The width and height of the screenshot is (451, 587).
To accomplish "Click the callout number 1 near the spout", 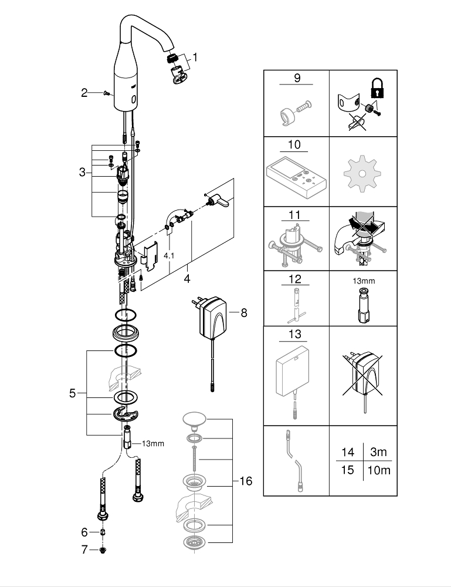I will [x=195, y=58].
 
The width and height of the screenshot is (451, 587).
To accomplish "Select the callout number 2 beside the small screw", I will [x=84, y=92].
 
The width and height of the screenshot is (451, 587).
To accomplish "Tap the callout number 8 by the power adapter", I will [x=244, y=313].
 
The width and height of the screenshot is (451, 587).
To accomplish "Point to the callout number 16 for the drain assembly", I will [x=246, y=481].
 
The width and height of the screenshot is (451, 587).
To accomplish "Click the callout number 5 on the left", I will [x=73, y=393].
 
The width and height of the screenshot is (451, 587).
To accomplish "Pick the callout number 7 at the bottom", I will [x=84, y=532].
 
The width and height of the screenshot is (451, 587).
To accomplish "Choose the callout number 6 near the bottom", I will [x=84, y=550].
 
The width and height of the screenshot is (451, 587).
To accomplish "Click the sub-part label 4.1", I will [x=169, y=256].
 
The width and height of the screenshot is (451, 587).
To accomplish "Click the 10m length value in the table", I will [x=378, y=470].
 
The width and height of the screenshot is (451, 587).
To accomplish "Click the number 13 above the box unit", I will [x=295, y=335].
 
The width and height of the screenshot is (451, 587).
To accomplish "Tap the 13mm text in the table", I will [x=364, y=281].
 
